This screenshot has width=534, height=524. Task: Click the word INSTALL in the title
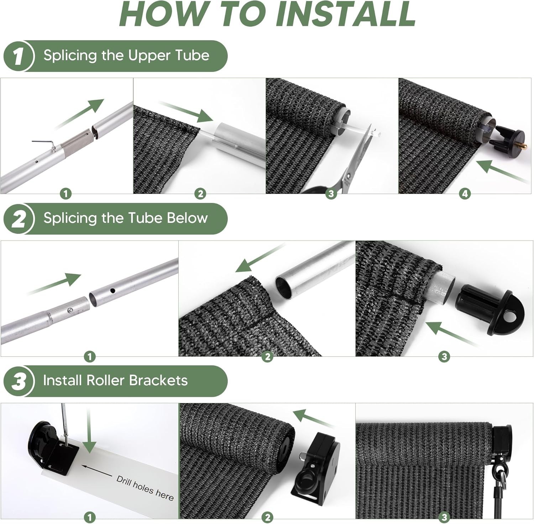[346, 14]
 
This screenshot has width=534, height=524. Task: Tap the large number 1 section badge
[19, 56]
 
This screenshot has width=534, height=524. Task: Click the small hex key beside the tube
[44, 144]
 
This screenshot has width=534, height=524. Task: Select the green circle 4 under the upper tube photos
[465, 194]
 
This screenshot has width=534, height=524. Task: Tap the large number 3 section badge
[19, 381]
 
